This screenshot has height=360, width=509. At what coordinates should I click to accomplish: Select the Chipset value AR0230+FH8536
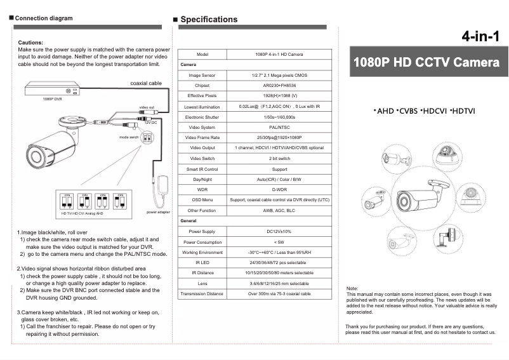pos(279,85)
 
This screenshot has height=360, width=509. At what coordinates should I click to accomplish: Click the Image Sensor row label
pos(202,75)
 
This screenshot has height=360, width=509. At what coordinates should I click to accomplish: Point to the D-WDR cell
pos(279,189)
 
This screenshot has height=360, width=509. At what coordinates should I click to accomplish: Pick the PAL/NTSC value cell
pos(279,127)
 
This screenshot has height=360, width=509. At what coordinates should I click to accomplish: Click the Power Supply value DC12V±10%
pos(279,231)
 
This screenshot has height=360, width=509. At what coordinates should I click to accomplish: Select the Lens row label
pos(202,283)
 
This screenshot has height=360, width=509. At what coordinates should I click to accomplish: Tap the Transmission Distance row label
pos(202,294)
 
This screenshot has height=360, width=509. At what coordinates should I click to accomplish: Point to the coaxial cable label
pos(146,83)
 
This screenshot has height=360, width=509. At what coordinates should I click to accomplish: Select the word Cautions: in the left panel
pos(31,42)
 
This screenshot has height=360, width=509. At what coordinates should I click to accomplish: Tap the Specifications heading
pos(209,19)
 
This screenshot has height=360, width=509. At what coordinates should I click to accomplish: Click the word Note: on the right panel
pos(352,288)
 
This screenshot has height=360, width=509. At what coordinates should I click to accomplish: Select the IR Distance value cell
pos(279,273)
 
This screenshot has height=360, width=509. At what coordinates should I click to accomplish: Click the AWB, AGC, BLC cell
pos(279,210)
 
